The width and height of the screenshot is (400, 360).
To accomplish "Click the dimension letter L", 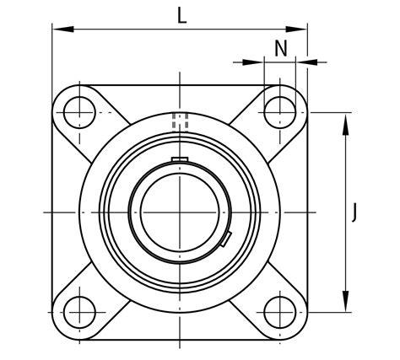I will click(x=181, y=14).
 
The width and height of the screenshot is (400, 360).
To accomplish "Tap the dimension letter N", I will click(x=281, y=48).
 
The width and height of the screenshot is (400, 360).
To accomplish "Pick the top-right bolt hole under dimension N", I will click(x=280, y=110).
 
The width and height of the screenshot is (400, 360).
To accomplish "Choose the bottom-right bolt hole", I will click(x=280, y=310).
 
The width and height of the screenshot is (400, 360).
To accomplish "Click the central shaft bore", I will click(x=180, y=211).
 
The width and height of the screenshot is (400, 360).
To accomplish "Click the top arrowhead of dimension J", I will click(x=346, y=117).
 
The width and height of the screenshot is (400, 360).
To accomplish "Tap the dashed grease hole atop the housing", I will click(x=180, y=121).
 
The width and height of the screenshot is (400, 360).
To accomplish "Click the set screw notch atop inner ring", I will click(x=180, y=159).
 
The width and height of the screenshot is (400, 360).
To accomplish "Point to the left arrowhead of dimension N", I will click(x=257, y=62).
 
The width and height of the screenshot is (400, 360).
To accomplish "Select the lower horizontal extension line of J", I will click(x=329, y=310).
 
